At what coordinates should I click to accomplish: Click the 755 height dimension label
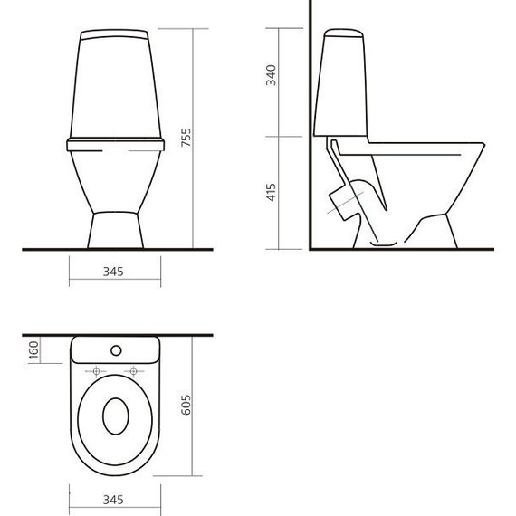186,137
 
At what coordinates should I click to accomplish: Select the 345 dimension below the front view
114,271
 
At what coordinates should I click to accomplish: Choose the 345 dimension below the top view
114,500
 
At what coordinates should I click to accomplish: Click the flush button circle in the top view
115,349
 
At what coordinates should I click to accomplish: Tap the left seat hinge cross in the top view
95,371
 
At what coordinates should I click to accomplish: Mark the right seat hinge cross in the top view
135,371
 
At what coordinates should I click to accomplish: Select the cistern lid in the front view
115,37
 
